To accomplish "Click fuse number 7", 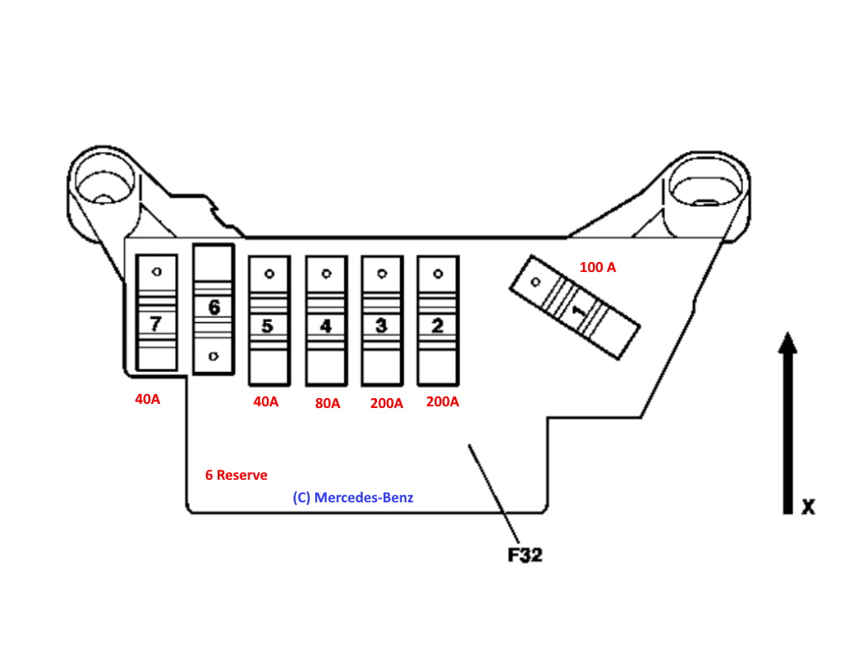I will click(156, 313).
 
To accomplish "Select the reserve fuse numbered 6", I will click(213, 309).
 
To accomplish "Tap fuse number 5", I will click(269, 320).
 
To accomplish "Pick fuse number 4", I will click(326, 320).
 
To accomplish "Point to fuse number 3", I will click(381, 320).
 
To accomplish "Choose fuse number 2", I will click(437, 320).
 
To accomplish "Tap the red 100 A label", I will click(597, 268).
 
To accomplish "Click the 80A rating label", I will click(328, 404).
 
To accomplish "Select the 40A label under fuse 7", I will click(148, 400).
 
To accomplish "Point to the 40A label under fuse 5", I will click(265, 401).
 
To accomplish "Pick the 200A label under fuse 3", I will click(386, 404).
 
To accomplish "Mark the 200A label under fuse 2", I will click(442, 401).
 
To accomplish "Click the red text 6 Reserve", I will click(236, 475).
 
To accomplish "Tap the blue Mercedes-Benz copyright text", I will click(353, 497).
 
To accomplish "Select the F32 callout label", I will click(525, 554).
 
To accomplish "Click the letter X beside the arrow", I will click(807, 506).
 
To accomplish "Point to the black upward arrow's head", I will click(786, 345).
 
